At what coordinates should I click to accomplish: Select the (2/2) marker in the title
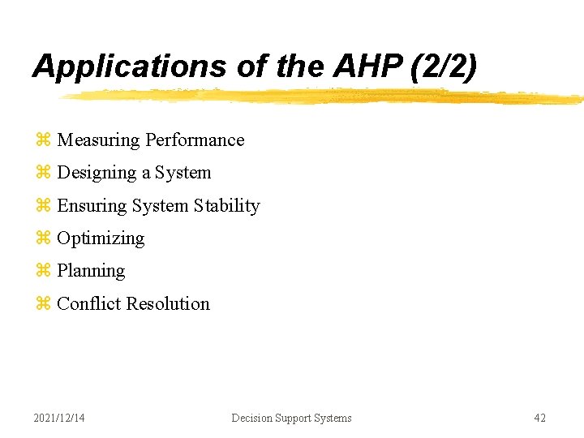point(444,67)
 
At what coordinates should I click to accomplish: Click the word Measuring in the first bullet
point(98,140)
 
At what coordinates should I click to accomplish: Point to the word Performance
point(195,140)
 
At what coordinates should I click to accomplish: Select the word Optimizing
point(101,238)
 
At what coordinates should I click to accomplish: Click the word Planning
point(91,271)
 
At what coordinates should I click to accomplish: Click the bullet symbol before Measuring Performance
point(43,141)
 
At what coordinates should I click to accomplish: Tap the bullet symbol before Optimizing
point(43,239)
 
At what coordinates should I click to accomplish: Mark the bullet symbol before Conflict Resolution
point(43,305)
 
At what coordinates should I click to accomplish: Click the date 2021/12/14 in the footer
point(59,418)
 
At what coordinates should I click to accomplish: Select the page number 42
point(539,418)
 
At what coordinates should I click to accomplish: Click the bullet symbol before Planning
point(43,272)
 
